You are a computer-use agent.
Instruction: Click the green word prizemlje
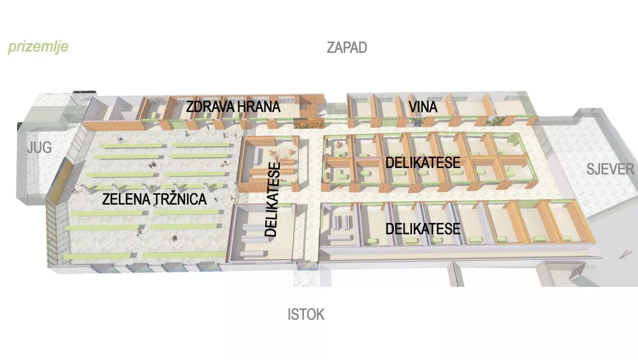pos(38,47)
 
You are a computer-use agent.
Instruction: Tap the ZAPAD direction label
pos(347,47)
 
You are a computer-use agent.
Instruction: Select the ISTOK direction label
pos(306,314)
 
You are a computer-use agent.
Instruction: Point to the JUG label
pos(39,148)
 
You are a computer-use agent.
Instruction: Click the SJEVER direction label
pos(610,170)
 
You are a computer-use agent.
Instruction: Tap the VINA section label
pos(423,107)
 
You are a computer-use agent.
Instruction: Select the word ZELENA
pos(123,201)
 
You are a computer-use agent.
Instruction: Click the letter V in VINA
pos(413,107)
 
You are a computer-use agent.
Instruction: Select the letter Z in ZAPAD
pos(330,47)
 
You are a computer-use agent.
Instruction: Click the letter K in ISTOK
pos(319,314)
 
